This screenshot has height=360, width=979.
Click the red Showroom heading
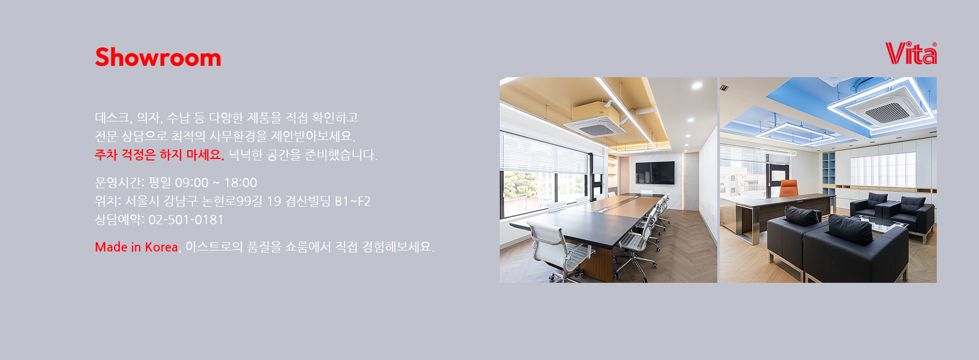(158, 57)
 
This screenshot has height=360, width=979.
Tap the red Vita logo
(911, 53)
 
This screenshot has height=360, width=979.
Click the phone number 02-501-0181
(186, 220)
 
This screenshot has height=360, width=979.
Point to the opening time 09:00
(192, 183)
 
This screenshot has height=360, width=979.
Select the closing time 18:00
(240, 183)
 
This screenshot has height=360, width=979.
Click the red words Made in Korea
(136, 247)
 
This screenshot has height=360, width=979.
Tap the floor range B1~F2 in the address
(353, 201)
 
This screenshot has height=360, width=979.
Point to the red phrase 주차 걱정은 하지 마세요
(159, 154)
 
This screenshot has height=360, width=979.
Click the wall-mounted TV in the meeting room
(655, 172)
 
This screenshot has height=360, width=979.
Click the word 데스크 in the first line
(112, 118)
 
